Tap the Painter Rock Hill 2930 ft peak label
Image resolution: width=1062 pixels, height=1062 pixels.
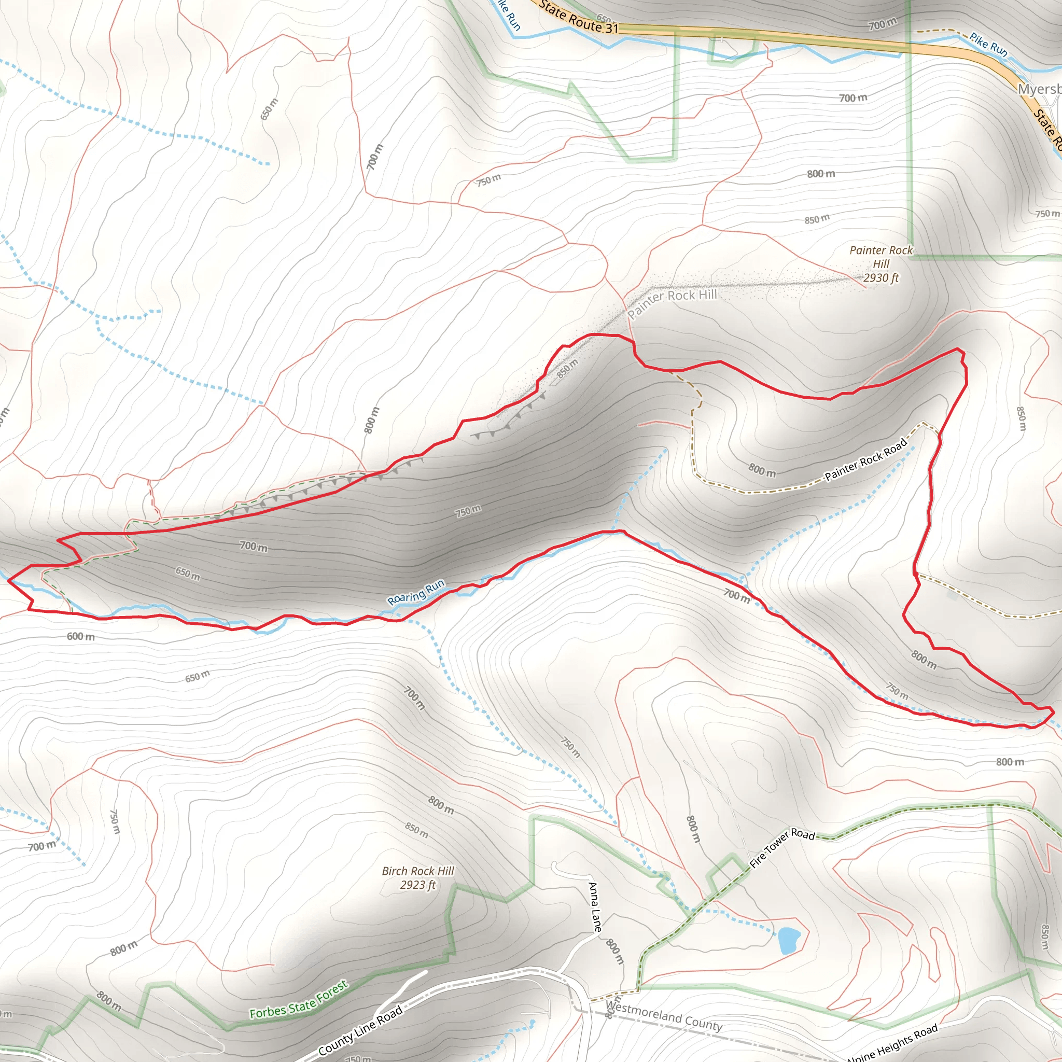(881, 264)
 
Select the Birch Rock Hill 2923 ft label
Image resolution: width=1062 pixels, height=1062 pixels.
(418, 878)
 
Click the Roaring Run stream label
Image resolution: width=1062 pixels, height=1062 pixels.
(415, 592)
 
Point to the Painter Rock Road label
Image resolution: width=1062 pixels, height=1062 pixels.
(866, 459)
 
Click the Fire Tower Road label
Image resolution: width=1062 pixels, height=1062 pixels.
(782, 847)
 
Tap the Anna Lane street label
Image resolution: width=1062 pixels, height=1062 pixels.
(594, 906)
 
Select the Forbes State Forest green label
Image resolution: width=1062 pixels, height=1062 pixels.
(299, 1000)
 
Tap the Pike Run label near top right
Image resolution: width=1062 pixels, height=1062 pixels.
(988, 45)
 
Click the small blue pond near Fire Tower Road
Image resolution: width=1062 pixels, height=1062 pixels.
(788, 941)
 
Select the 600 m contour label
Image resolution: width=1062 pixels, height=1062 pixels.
(81, 637)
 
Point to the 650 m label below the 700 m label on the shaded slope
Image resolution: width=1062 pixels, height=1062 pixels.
(187, 574)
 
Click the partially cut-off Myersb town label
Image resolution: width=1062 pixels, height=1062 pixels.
(1039, 89)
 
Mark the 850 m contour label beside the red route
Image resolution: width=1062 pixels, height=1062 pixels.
(567, 368)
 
